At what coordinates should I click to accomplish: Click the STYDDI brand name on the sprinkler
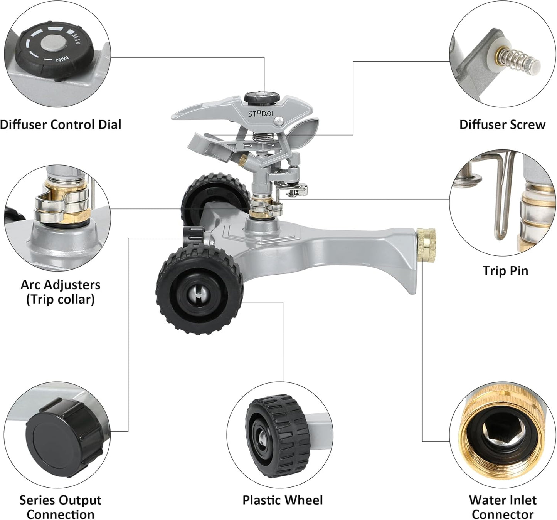260,114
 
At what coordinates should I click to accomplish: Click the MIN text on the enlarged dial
62,60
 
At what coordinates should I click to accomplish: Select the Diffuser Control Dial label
61,124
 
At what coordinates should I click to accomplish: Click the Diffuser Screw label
502,124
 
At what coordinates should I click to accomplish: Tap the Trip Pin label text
505,270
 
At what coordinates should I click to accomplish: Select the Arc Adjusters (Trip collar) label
61,292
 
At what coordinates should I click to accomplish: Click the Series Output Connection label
61,507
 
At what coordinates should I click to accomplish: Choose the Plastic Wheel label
282,500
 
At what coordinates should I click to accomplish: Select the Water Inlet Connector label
502,507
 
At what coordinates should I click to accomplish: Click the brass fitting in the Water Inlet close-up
501,428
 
